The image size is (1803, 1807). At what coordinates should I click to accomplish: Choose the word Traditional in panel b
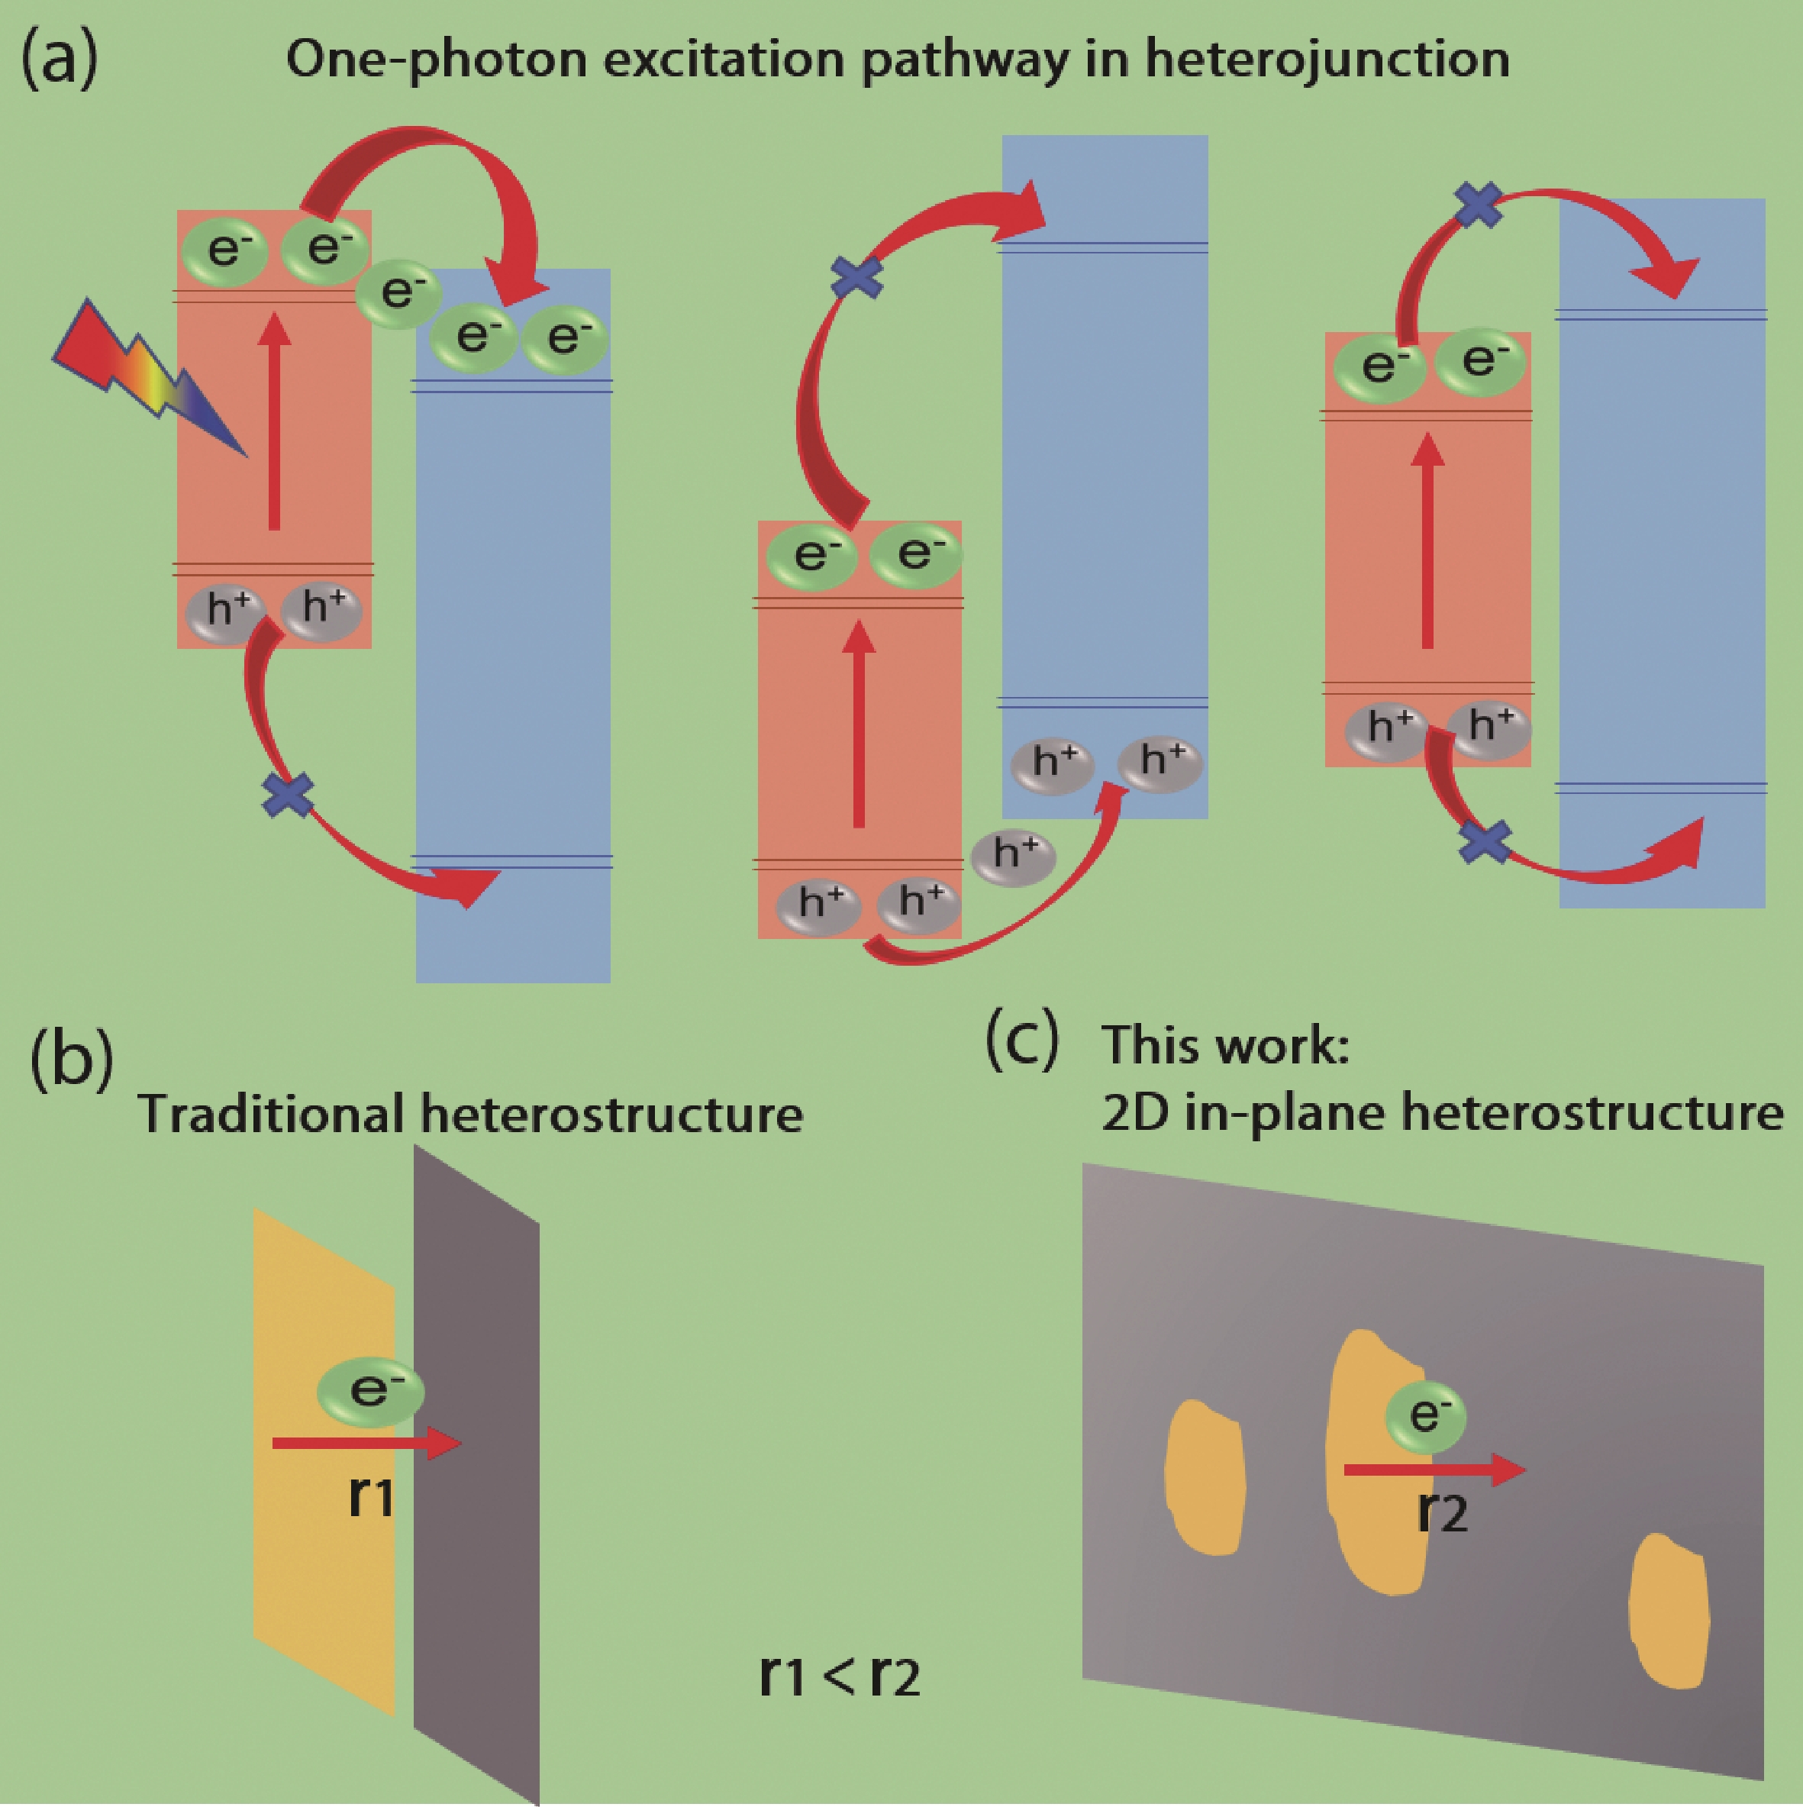pyautogui.click(x=271, y=1114)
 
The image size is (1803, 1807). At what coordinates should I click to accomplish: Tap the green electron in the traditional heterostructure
pyautogui.click(x=371, y=1392)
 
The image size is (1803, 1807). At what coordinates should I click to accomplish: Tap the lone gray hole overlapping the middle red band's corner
pyautogui.click(x=1014, y=856)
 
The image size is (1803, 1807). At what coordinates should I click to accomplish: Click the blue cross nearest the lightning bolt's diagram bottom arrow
pyautogui.click(x=288, y=795)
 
